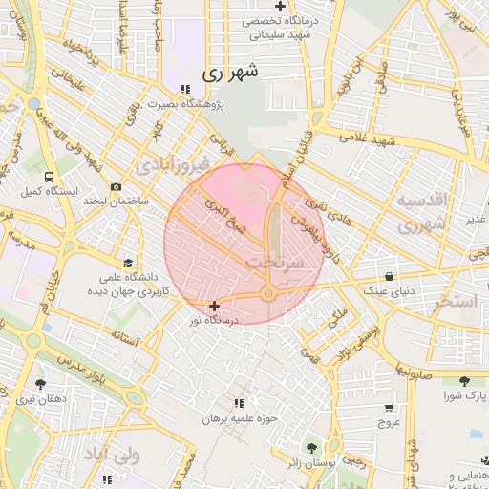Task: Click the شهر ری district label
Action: point(231,72)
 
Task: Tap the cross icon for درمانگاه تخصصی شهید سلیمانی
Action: point(280,7)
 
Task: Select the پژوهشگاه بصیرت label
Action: point(187,105)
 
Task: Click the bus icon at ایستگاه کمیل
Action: point(48,178)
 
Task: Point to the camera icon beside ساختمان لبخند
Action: point(117,187)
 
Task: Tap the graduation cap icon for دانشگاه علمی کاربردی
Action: point(128,263)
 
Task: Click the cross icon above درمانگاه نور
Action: point(213,306)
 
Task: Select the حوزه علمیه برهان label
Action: point(239,418)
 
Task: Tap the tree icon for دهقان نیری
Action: point(38,383)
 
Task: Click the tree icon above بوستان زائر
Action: point(310,447)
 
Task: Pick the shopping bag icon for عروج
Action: point(388,406)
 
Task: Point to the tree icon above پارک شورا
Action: point(464,381)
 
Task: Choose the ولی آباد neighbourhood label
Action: point(112,455)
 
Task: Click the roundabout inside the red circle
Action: point(269,293)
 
